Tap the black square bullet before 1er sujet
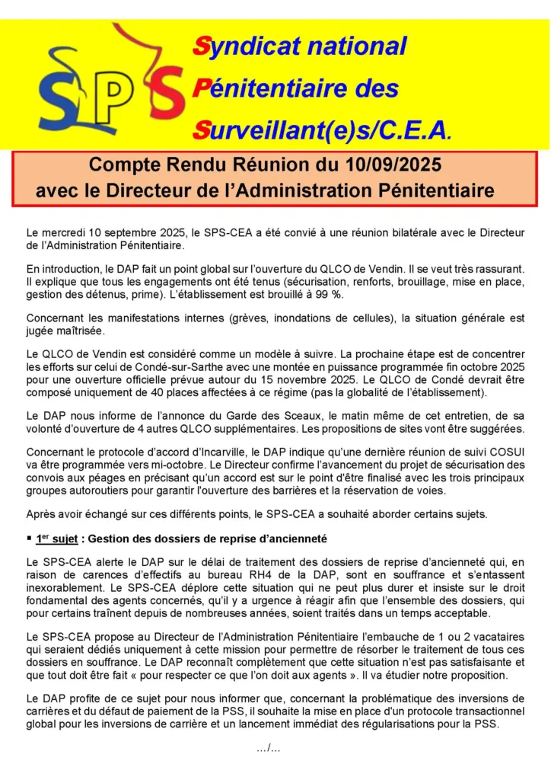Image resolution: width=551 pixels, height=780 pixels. click(29, 539)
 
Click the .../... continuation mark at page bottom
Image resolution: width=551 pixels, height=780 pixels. click(268, 748)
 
